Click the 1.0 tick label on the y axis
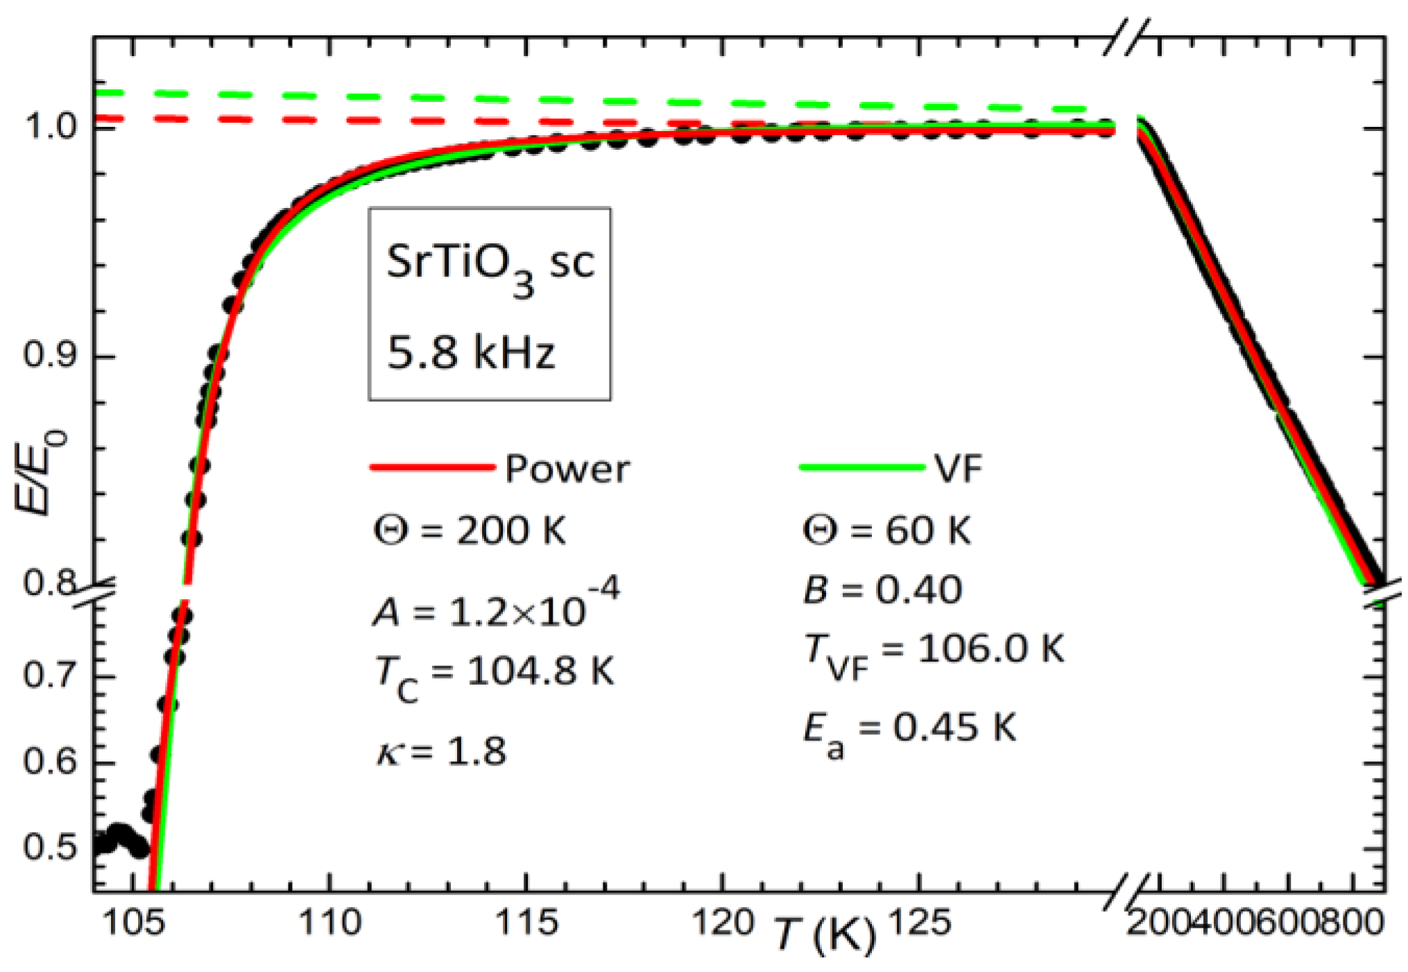pos(50,127)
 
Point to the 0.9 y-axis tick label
pos(50,355)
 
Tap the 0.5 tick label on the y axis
pos(50,847)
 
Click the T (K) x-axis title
pos(824,934)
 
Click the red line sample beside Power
pos(432,467)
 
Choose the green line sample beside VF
pos(862,467)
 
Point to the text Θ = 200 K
pos(470,531)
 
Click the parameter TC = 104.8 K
pos(494,674)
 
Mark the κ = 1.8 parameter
pos(442,752)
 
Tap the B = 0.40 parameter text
pos(882,591)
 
